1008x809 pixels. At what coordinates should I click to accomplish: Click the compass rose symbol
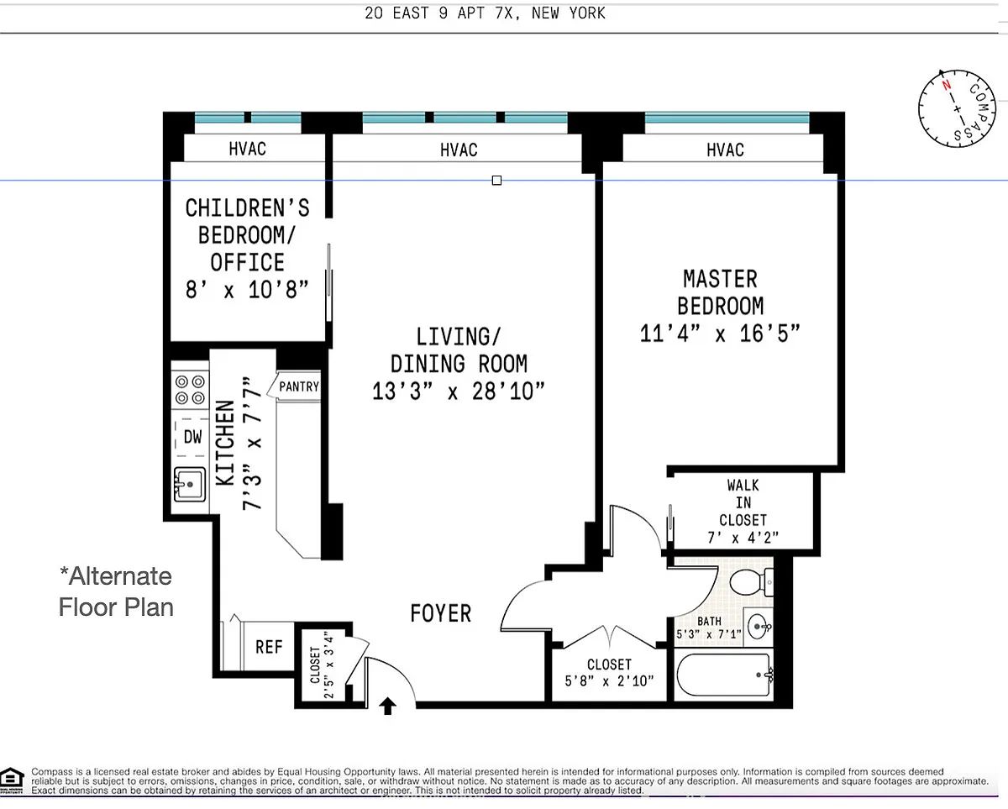coord(957,108)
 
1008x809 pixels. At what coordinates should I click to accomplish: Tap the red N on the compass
coord(946,85)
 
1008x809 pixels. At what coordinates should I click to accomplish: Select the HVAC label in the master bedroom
coord(725,150)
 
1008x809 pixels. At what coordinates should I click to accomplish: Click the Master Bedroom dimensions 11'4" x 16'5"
coord(720,334)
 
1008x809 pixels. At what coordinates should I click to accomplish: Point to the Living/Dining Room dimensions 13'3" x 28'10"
coord(459,391)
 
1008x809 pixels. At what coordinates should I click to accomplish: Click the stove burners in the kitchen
coord(190,390)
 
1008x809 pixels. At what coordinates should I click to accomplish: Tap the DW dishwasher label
coord(192,437)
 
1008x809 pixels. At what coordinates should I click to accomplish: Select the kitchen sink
coord(190,484)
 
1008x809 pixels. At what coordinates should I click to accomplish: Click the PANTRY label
coord(299,386)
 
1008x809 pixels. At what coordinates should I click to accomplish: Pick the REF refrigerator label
coord(269,647)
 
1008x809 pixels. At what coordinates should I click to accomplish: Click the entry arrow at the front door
coord(387,706)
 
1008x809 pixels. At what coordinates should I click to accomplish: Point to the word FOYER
coord(441,613)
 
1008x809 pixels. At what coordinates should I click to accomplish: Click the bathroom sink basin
coord(759,627)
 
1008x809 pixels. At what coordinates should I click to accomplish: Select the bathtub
coord(724,675)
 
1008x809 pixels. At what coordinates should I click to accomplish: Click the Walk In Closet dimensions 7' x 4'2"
coord(743,538)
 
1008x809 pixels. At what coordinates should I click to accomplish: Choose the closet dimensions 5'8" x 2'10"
coord(609,680)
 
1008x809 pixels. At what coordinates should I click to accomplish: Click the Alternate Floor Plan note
coord(116,591)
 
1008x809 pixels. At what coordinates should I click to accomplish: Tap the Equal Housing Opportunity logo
coord(12,780)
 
